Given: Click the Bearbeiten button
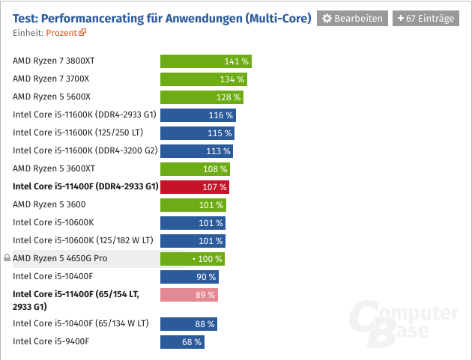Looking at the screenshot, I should tap(352, 18).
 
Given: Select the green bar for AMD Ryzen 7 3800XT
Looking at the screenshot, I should tap(205, 61).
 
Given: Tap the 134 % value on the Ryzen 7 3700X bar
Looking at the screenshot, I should tap(232, 79).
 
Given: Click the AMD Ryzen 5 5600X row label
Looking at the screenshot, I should tap(52, 97).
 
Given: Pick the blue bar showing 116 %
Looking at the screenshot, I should tap(198, 115).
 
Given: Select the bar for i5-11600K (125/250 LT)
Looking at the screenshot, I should tap(197, 133).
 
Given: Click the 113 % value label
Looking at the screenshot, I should tap(218, 151).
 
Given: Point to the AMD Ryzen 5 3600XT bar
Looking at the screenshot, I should tap(195, 169).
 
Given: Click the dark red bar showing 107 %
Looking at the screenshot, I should tap(194, 187).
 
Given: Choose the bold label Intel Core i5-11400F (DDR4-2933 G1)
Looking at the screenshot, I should tap(85, 187).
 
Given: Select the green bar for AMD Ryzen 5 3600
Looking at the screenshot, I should tap(193, 205).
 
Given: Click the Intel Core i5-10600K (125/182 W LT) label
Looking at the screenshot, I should tap(82, 241).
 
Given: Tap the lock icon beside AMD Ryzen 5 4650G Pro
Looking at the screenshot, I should tap(7, 259).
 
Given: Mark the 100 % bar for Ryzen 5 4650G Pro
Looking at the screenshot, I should tap(192, 259).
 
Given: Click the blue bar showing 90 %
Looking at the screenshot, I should tap(189, 277).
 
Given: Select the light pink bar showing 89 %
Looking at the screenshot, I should tap(189, 295).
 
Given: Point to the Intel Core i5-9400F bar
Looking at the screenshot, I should tap(181, 342).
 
